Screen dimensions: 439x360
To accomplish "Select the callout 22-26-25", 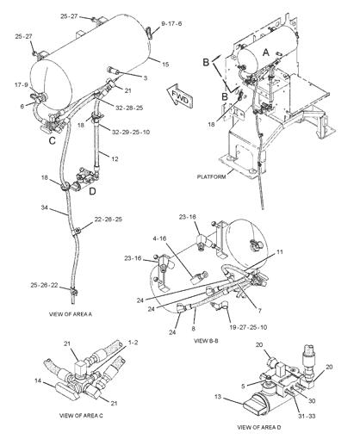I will (x=108, y=220).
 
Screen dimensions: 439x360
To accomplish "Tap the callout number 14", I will (x=38, y=380).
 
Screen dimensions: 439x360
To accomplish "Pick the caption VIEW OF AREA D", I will (x=262, y=427).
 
